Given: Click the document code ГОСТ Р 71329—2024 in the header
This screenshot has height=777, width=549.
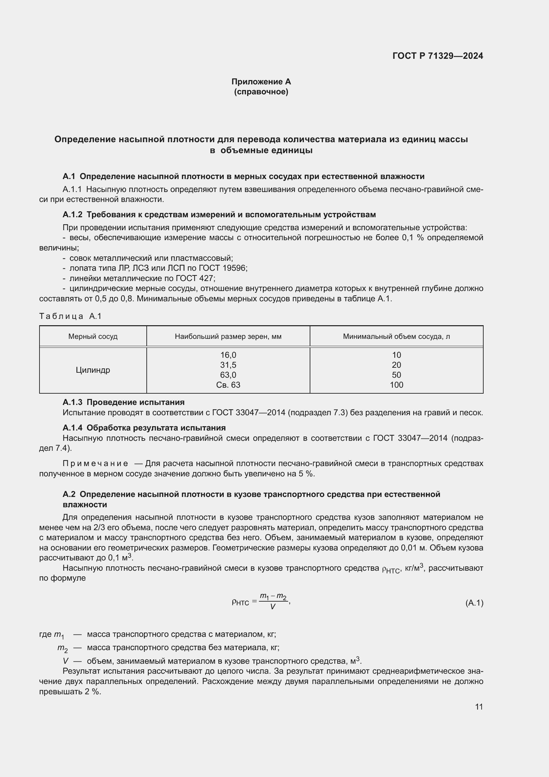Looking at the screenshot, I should [x=437, y=56].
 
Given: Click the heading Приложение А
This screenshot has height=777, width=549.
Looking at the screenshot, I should [x=261, y=82].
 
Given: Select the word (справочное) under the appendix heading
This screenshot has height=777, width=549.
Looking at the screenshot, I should [x=261, y=92].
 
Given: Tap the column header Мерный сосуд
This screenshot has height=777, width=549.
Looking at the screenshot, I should [x=93, y=337].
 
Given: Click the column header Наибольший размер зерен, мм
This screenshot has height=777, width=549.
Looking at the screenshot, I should [x=228, y=337].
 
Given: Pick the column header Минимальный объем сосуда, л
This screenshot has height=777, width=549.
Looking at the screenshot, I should [x=396, y=337].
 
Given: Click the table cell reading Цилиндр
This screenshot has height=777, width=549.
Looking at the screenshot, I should [x=93, y=370].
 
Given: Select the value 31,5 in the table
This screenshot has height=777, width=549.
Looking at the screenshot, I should [x=228, y=365].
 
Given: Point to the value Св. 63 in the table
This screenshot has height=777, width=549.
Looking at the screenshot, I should [x=228, y=385].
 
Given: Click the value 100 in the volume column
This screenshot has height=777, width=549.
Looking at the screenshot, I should [x=396, y=385].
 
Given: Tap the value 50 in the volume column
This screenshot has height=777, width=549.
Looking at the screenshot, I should [x=396, y=375].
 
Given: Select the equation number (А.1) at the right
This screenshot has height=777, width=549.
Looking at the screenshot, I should [x=474, y=603].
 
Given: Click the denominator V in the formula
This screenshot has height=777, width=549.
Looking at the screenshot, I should [x=273, y=607].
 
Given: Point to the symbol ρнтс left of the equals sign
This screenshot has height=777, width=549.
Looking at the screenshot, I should [x=240, y=602].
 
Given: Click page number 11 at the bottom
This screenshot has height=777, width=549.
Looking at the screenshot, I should [x=479, y=707].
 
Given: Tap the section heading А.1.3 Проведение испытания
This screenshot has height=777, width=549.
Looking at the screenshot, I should [x=123, y=402].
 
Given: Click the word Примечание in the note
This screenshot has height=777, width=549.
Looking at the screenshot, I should [x=95, y=463].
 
